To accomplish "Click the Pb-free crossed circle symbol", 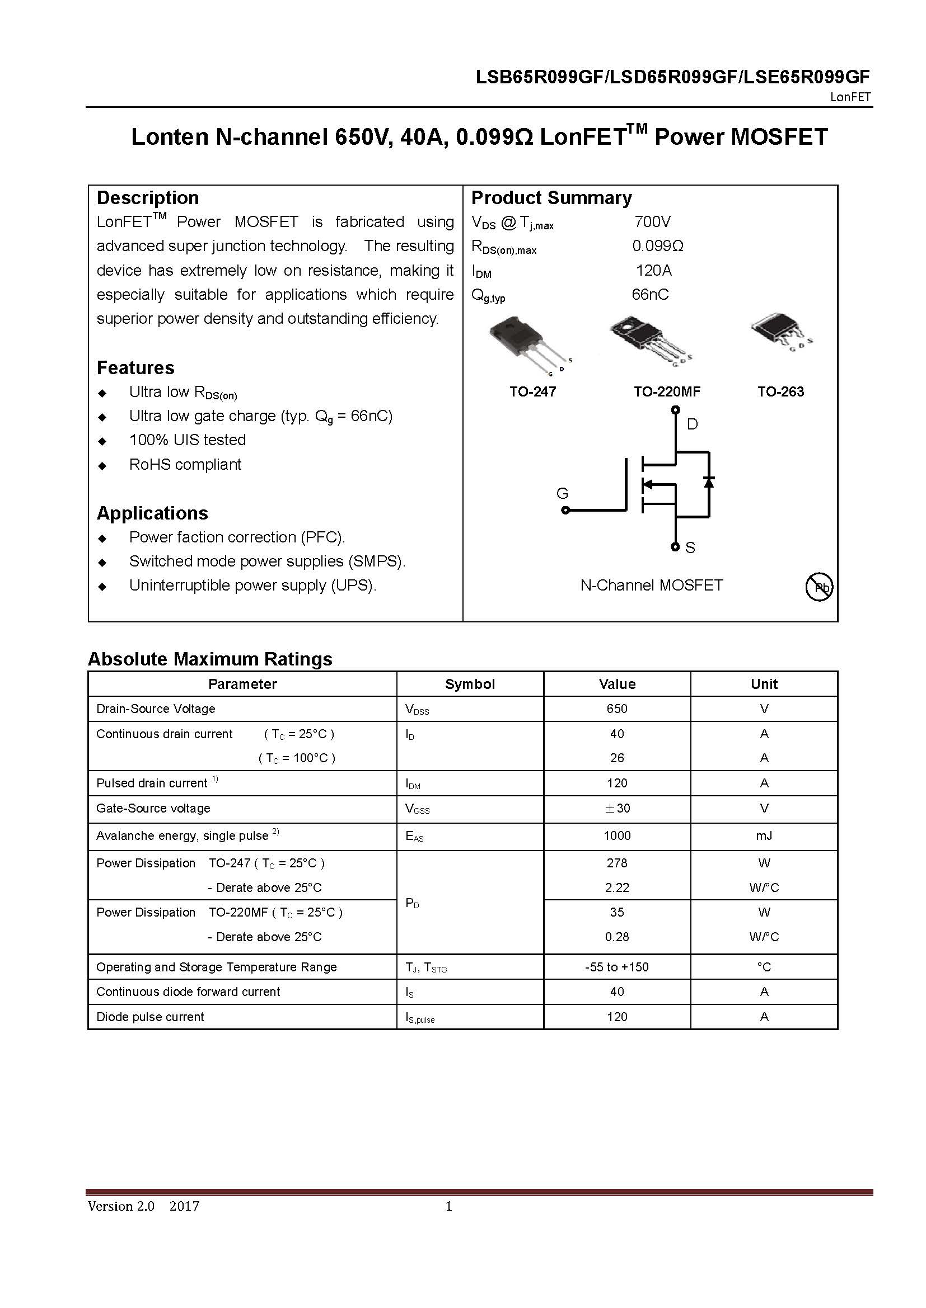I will point(819,587).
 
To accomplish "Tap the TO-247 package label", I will point(532,392).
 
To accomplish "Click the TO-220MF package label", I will point(667,392).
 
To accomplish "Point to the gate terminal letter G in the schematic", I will point(562,493).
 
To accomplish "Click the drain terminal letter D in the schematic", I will point(692,424).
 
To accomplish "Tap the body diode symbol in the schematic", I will point(709,481).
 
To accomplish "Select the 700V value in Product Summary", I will point(652,221).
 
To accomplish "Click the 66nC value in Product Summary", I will point(650,295).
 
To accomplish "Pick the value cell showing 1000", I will point(617,835).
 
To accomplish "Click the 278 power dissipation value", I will point(617,863).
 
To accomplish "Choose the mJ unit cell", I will point(764,835).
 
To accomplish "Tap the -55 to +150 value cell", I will point(617,967).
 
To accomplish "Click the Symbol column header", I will point(470,684).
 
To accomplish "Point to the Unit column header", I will point(764,684).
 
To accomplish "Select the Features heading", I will point(135,368).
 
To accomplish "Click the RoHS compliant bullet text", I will point(185,464).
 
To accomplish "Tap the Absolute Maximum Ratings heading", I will point(210,659).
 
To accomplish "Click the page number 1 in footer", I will point(449,1206).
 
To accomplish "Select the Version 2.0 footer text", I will point(121,1206).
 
